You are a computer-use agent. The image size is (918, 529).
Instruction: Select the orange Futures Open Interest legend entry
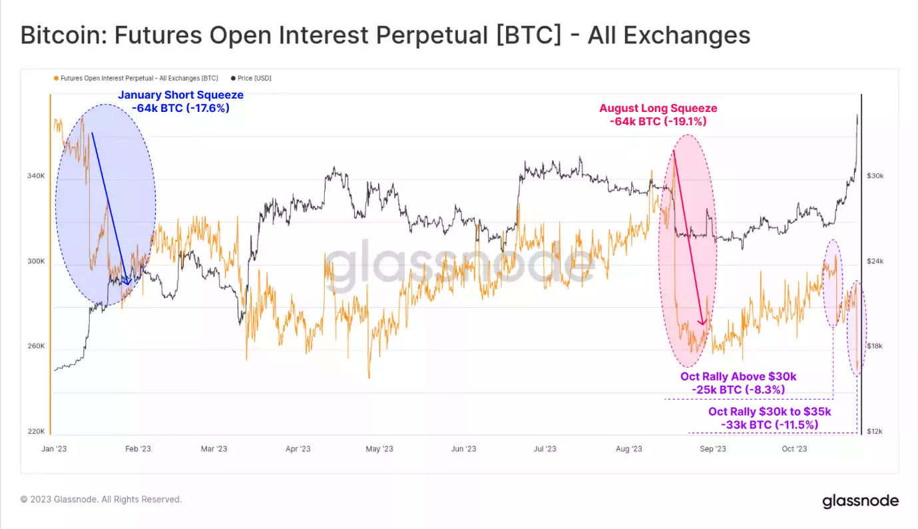[x=136, y=78]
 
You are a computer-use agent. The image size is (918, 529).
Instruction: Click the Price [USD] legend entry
[x=250, y=78]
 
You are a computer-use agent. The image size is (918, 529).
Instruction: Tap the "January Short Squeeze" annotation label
[x=180, y=95]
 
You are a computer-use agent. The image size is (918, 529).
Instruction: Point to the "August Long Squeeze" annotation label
[x=658, y=109]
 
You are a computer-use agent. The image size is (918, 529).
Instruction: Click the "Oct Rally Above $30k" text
[x=738, y=377]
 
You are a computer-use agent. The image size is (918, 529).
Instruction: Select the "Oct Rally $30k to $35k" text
[x=770, y=412]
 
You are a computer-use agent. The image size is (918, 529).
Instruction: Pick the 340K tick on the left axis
[x=35, y=176]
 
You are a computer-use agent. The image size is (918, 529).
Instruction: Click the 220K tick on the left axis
[x=35, y=431]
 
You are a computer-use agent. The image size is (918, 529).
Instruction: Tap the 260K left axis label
[x=35, y=346]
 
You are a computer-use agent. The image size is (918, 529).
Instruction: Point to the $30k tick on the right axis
[x=875, y=176]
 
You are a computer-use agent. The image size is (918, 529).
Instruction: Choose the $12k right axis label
[x=875, y=431]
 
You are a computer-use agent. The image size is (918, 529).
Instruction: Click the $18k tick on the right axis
[x=875, y=346]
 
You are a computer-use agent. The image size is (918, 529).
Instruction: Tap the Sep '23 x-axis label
[x=712, y=448]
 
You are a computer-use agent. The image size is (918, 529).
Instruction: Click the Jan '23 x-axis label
[x=54, y=448]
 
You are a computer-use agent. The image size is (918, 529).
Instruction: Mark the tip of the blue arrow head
[x=127, y=284]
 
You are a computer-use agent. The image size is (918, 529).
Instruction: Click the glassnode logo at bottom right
[x=860, y=501]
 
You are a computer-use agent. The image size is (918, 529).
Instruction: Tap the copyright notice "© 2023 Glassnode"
[x=101, y=499]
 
